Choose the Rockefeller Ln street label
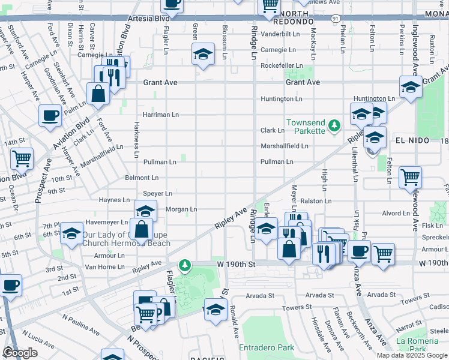pyautogui.click(x=282, y=65)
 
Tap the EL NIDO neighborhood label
pyautogui.click(x=412, y=140)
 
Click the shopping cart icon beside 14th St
pyautogui.click(x=22, y=159)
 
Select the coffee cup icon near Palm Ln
pyautogui.click(x=50, y=115)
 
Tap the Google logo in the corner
pyautogui.click(x=20, y=353)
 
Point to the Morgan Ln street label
pyautogui.click(x=181, y=209)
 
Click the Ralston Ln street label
pyautogui.click(x=314, y=202)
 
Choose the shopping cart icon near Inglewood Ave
pyautogui.click(x=411, y=177)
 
